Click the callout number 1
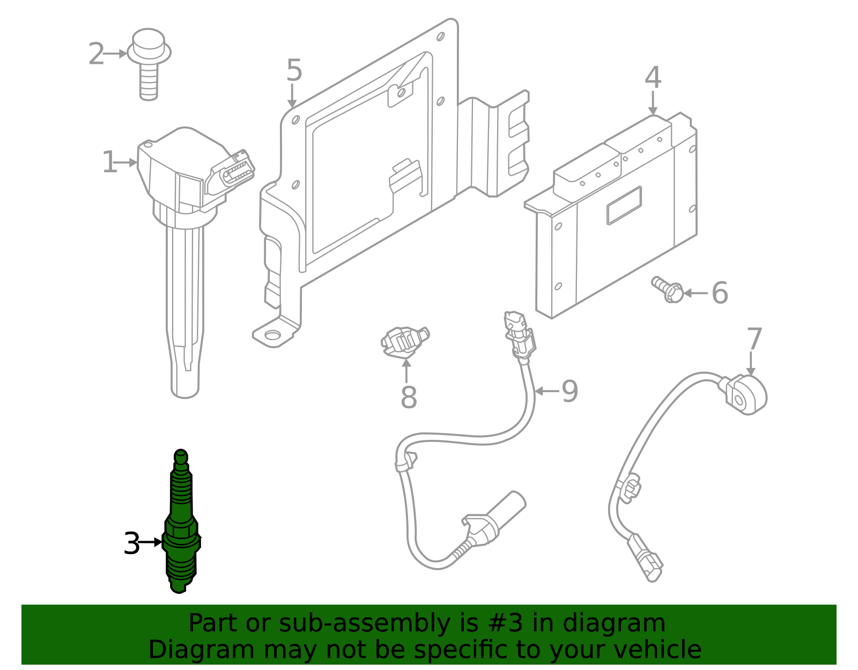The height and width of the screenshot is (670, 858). click(109, 163)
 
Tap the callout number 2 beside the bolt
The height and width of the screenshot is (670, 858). click(96, 54)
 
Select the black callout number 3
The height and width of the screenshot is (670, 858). click(131, 543)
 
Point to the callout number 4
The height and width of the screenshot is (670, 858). click(653, 78)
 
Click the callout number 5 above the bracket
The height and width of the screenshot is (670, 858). click(294, 70)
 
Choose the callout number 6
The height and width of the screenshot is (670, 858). click(720, 293)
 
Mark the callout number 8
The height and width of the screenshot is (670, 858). click(409, 398)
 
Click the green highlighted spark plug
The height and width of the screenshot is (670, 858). click(181, 526)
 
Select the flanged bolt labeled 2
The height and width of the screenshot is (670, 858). click(149, 62)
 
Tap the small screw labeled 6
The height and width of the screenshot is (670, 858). click(667, 289)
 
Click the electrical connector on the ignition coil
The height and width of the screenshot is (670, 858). click(234, 172)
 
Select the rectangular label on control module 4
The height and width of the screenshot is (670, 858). click(624, 205)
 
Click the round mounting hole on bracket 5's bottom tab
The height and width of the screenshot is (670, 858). click(272, 335)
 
